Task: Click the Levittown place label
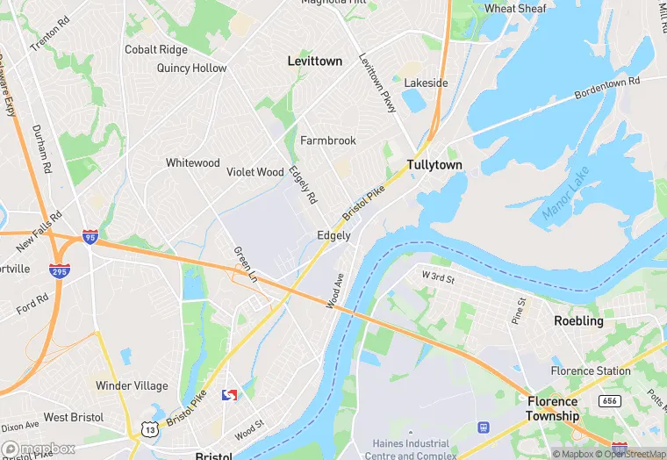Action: pyautogui.click(x=314, y=61)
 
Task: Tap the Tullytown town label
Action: pyautogui.click(x=434, y=165)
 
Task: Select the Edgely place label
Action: pyautogui.click(x=333, y=235)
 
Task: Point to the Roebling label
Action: pyautogui.click(x=578, y=321)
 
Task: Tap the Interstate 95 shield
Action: pyautogui.click(x=90, y=236)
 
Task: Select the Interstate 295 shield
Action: pyautogui.click(x=60, y=272)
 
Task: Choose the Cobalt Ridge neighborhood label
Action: pyautogui.click(x=156, y=50)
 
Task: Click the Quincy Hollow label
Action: pyautogui.click(x=191, y=68)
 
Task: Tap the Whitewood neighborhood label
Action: pyautogui.click(x=193, y=163)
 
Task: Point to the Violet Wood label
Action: pyautogui.click(x=255, y=172)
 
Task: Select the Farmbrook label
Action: pyautogui.click(x=328, y=140)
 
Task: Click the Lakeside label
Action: pyautogui.click(x=426, y=83)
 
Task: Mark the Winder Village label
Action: pyautogui.click(x=132, y=385)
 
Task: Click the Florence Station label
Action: pyautogui.click(x=590, y=371)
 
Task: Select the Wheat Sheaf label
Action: pyautogui.click(x=515, y=9)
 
